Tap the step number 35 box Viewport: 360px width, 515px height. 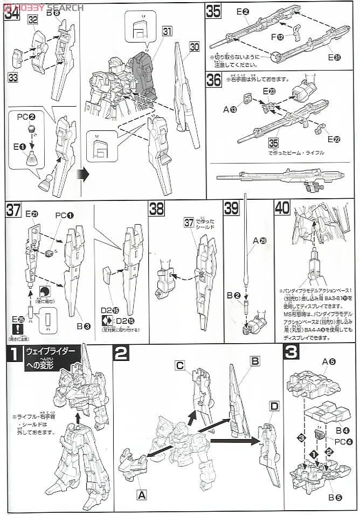point(213,11)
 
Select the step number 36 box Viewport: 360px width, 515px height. point(213,79)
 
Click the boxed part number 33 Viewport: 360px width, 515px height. point(12,77)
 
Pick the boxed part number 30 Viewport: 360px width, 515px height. point(194,48)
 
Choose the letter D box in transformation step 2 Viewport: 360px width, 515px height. point(274,405)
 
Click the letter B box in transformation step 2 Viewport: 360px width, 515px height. point(255,360)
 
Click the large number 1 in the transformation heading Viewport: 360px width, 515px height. point(12,355)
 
